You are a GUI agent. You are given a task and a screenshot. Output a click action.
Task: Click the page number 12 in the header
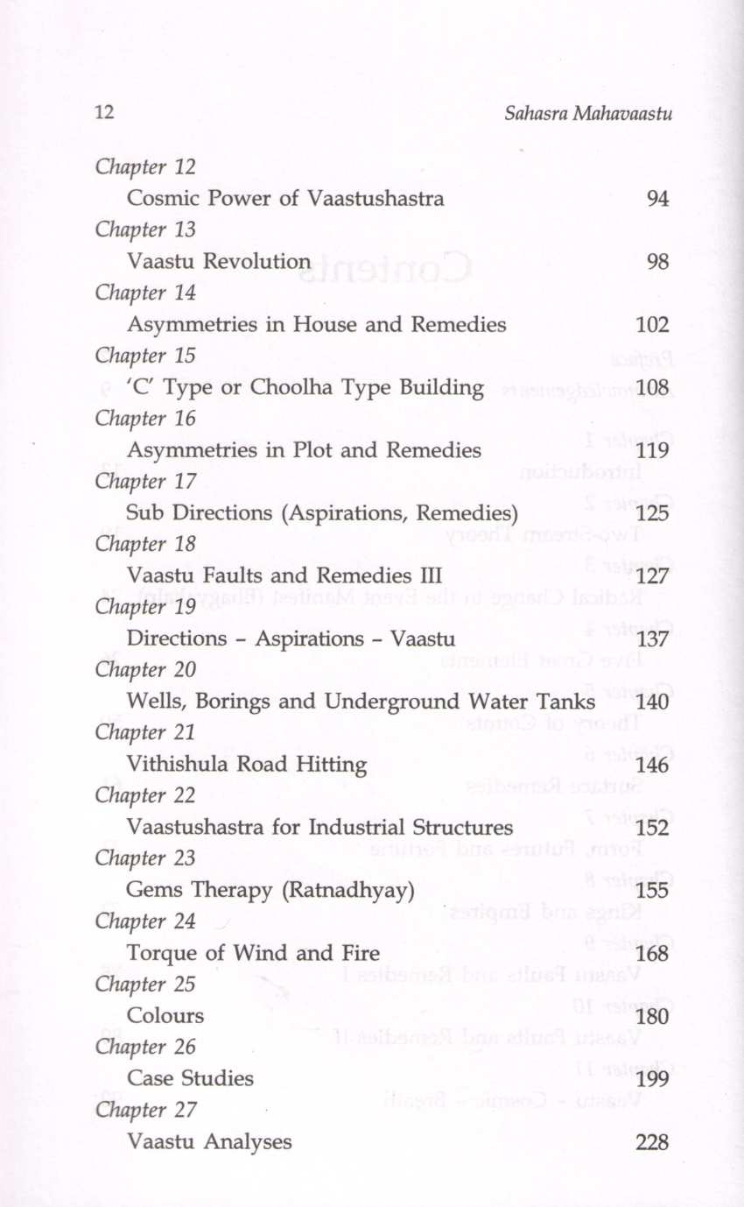tap(104, 114)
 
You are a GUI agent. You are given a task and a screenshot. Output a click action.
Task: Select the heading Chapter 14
tap(145, 293)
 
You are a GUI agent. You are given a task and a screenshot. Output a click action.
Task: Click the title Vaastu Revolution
tap(218, 262)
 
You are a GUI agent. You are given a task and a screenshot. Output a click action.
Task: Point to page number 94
tap(657, 199)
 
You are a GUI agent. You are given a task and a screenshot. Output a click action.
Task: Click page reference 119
tap(652, 451)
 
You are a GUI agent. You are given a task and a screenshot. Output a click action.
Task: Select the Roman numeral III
tap(425, 576)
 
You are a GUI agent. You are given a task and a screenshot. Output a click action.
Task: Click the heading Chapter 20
tap(145, 670)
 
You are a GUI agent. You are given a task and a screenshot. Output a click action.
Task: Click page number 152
tap(652, 828)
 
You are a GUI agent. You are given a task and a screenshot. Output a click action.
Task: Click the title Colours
tap(165, 1016)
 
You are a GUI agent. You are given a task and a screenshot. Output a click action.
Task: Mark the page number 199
tap(652, 1079)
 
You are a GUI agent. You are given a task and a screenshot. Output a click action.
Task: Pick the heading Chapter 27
tap(145, 1110)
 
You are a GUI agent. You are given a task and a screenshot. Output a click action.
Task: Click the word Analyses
tap(248, 1142)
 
